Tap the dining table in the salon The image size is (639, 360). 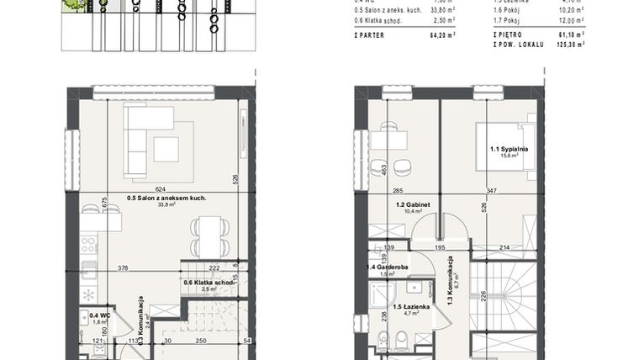tap(206, 236)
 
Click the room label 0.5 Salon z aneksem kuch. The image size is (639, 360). tap(166, 199)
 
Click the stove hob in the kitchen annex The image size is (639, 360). tap(88, 246)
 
